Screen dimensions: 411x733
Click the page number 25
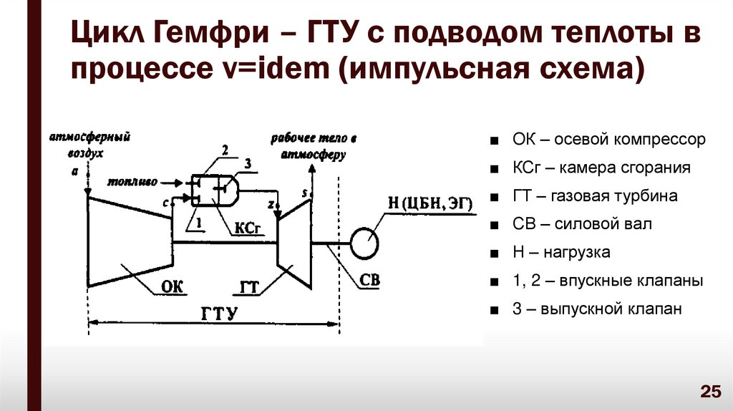click(x=709, y=391)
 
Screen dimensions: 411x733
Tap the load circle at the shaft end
click(x=365, y=243)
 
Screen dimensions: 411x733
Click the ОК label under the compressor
click(x=172, y=286)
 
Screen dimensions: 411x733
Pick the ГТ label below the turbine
click(x=248, y=287)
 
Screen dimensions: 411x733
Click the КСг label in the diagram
click(x=245, y=228)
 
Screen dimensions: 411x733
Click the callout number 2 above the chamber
click(x=225, y=150)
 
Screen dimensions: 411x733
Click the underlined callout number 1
click(x=200, y=223)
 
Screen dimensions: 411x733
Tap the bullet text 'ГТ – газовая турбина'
click(x=594, y=195)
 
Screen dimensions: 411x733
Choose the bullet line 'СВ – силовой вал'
click(x=582, y=224)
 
